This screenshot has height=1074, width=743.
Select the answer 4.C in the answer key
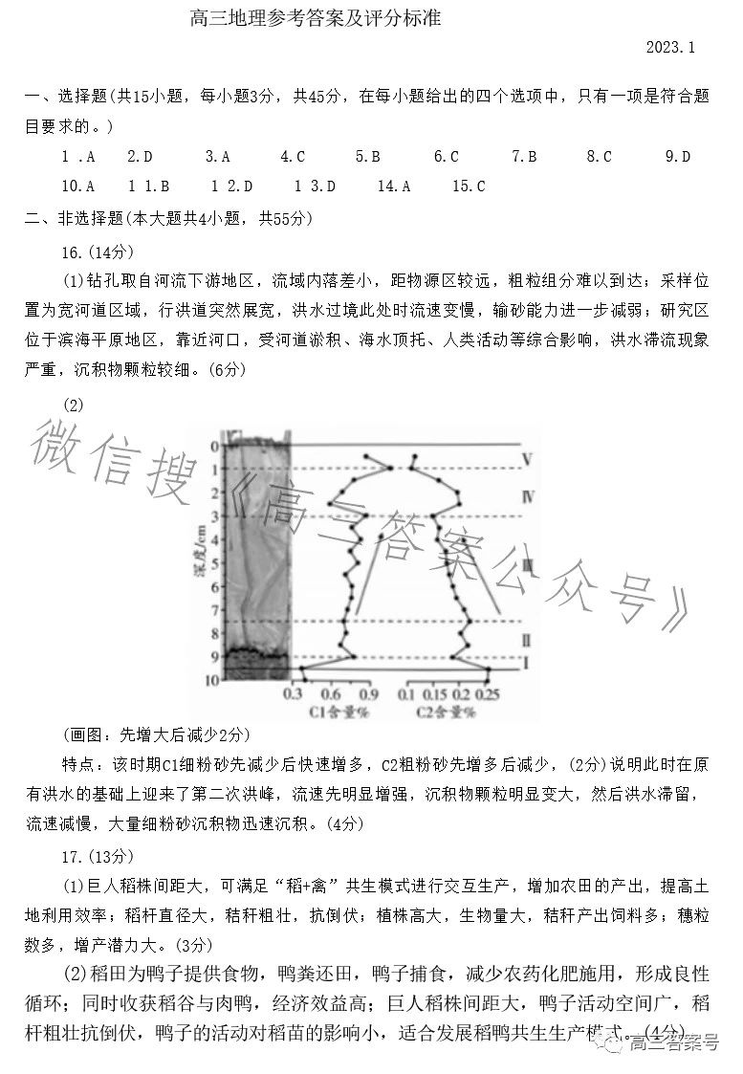(293, 156)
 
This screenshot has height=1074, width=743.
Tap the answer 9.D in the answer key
(678, 156)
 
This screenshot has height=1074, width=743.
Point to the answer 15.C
(469, 186)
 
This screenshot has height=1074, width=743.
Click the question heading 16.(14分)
(98, 251)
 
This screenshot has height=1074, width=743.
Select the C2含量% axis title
(446, 712)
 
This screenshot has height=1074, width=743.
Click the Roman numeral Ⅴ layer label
(527, 460)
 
